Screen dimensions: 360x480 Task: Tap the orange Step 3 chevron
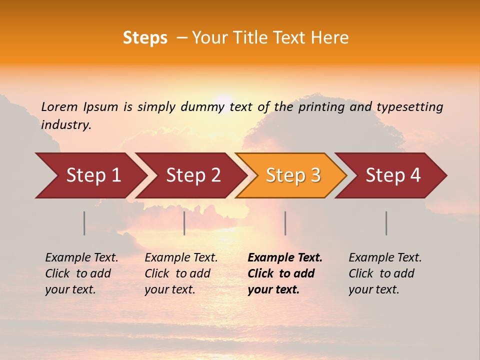pyautogui.click(x=293, y=175)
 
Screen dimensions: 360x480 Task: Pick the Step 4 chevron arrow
pyautogui.click(x=393, y=175)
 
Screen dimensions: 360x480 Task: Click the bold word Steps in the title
pyautogui.click(x=145, y=38)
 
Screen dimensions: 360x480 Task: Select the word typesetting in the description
pyautogui.click(x=409, y=107)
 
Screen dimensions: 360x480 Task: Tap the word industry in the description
pyautogui.click(x=66, y=125)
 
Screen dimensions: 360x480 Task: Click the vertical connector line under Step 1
pyautogui.click(x=84, y=223)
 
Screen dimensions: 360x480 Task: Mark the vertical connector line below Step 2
pyautogui.click(x=184, y=223)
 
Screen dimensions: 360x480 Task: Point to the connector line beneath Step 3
pyautogui.click(x=285, y=223)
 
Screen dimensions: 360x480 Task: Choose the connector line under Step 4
pyautogui.click(x=386, y=223)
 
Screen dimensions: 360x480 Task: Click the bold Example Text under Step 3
pyautogui.click(x=285, y=257)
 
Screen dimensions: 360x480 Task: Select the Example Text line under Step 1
pyautogui.click(x=81, y=257)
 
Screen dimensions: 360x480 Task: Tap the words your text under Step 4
pyautogui.click(x=373, y=289)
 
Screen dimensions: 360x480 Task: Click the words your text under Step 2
pyautogui.click(x=169, y=289)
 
